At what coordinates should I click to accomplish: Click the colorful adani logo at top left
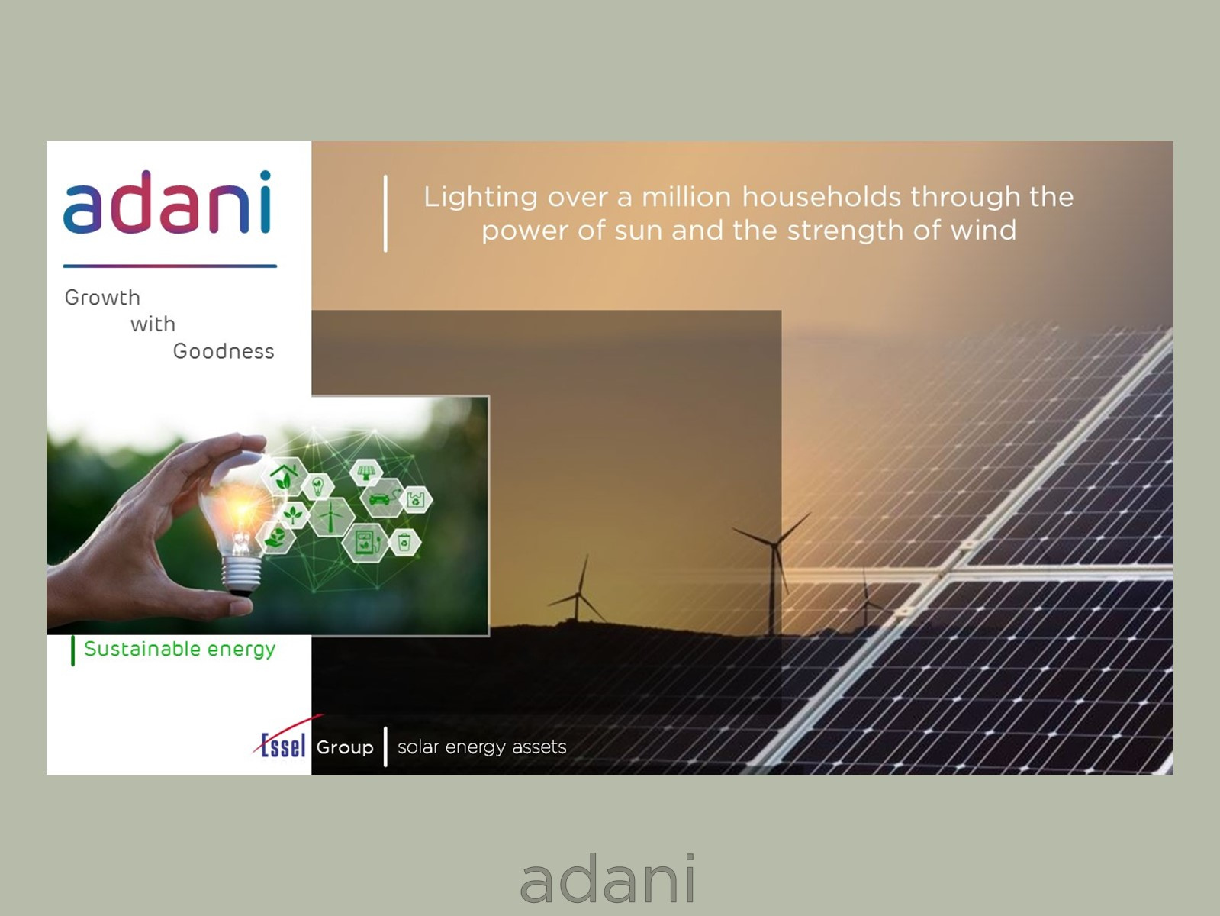[167, 202]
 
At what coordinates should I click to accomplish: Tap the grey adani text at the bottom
[608, 879]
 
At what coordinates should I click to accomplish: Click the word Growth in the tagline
[102, 298]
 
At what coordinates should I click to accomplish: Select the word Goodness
[223, 351]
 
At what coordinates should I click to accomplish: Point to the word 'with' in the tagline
[153, 324]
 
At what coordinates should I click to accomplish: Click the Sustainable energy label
[179, 649]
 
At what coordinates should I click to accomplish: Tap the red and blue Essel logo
[282, 743]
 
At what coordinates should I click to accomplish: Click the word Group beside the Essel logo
[345, 747]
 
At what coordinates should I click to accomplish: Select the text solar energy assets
[481, 747]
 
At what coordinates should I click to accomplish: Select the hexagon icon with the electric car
[380, 499]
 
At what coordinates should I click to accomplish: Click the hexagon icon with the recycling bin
[404, 543]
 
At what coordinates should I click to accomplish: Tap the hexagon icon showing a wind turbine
[330, 518]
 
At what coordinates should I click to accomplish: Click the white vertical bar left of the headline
[385, 214]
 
